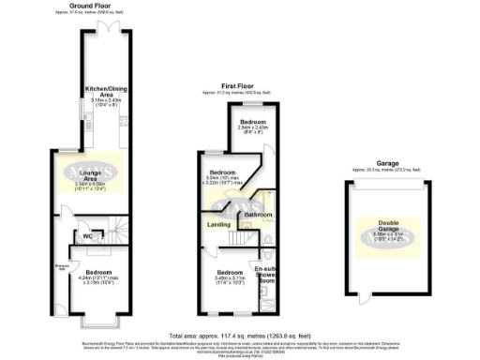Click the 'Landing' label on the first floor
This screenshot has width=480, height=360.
(x=219, y=224)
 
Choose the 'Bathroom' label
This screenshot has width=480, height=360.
(x=258, y=216)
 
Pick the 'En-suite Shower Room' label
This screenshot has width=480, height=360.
(x=265, y=273)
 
